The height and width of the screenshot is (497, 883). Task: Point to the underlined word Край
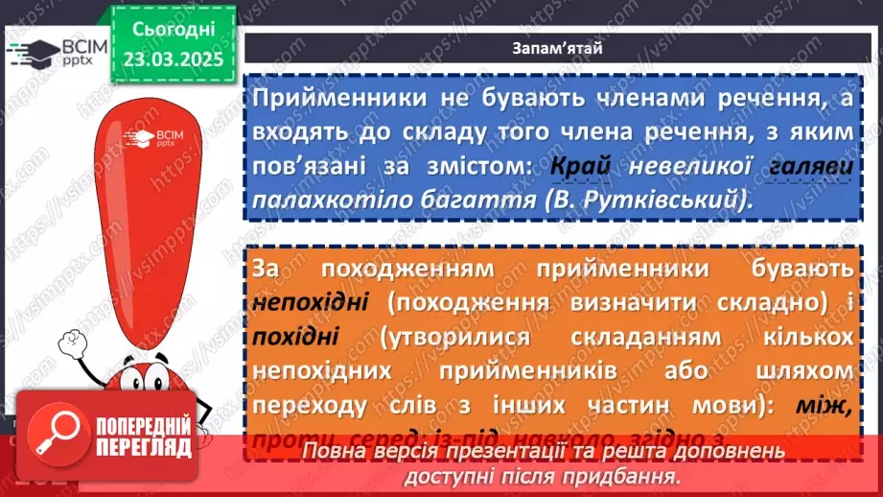[581, 166]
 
